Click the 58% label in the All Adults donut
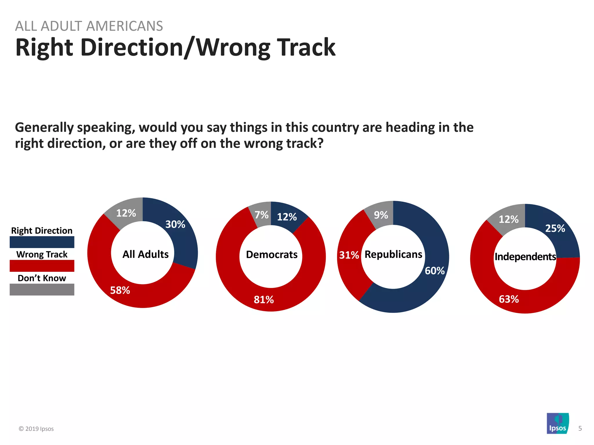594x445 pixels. (x=120, y=290)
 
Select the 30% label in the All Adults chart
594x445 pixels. (x=175, y=224)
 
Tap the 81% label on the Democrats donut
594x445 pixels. (x=264, y=299)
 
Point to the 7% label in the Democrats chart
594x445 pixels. (x=261, y=215)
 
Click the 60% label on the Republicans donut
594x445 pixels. (x=434, y=271)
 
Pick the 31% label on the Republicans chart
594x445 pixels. (x=349, y=255)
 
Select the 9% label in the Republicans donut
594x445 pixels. (x=381, y=215)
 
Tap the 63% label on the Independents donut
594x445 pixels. (x=509, y=299)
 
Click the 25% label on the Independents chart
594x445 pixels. (x=555, y=228)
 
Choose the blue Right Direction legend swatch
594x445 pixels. (x=42, y=242)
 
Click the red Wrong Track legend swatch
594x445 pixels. (x=42, y=266)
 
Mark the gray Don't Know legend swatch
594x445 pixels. (x=42, y=289)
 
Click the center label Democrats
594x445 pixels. (x=271, y=254)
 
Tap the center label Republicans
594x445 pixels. (x=393, y=254)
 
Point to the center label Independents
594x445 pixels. (x=525, y=256)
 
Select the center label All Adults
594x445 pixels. (x=145, y=254)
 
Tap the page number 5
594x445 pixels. (x=580, y=428)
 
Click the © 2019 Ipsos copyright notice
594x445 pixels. (x=36, y=429)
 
